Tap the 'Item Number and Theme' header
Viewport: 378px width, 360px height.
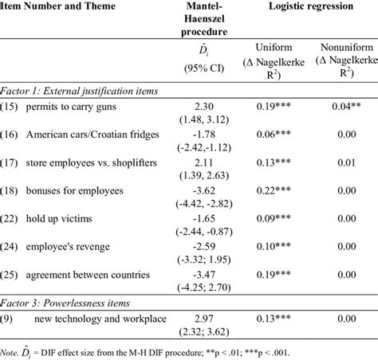point(58,8)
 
